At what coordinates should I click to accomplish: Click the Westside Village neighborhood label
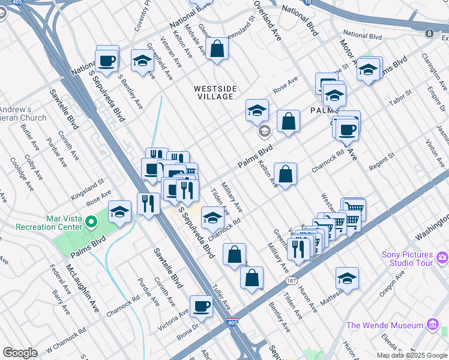click(x=215, y=92)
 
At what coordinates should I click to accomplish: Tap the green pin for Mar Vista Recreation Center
click(x=91, y=223)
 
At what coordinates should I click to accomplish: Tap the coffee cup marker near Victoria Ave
click(x=201, y=307)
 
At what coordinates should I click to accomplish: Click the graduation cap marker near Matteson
click(x=347, y=278)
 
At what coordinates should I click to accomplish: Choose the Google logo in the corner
click(x=20, y=353)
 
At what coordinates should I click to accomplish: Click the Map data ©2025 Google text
click(x=412, y=355)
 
